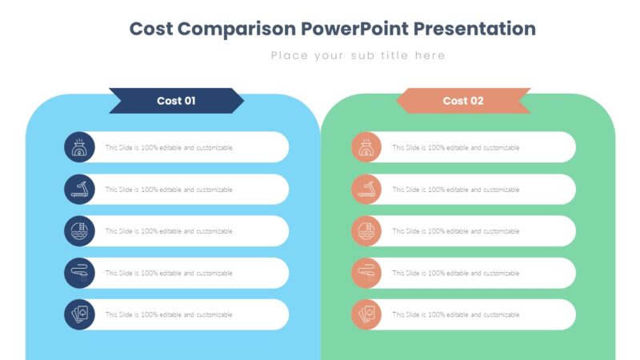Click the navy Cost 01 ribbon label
176,101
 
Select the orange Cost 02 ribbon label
463,101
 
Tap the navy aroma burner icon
79,148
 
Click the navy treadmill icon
79,190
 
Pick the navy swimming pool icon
79,231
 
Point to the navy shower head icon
79,273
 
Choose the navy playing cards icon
79,314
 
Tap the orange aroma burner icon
366,148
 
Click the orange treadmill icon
366,190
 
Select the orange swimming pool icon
366,231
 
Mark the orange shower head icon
366,273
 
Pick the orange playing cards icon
366,314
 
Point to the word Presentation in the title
478,29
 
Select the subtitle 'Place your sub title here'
358,55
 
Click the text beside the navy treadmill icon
169,190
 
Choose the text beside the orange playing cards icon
455,314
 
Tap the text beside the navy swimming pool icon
169,231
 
